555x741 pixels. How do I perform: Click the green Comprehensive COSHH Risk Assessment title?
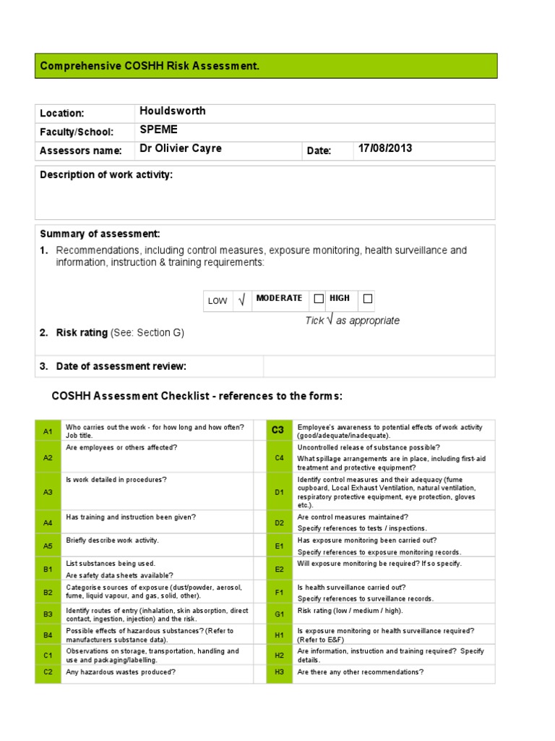click(x=150, y=66)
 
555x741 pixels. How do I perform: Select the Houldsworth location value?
click(x=172, y=111)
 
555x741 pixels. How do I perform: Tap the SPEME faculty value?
click(x=158, y=130)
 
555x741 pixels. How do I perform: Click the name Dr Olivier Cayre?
click(x=180, y=148)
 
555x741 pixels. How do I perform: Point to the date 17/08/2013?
click(x=384, y=148)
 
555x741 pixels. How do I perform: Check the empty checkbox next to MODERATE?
click(x=318, y=298)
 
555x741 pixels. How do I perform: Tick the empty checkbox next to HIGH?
click(x=367, y=298)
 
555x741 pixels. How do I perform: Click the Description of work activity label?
click(x=106, y=174)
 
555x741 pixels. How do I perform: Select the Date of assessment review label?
click(x=121, y=366)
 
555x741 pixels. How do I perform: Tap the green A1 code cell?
click(x=48, y=431)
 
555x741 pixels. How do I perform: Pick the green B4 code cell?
click(x=48, y=635)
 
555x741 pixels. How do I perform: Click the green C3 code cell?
click(x=278, y=430)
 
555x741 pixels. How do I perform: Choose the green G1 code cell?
click(x=279, y=614)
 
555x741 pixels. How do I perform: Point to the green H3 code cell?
click(x=279, y=672)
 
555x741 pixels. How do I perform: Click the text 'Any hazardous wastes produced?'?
click(x=121, y=672)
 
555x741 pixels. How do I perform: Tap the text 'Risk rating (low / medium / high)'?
click(x=350, y=611)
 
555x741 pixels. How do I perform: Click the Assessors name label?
click(x=80, y=151)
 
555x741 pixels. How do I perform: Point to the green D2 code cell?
click(x=279, y=522)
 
